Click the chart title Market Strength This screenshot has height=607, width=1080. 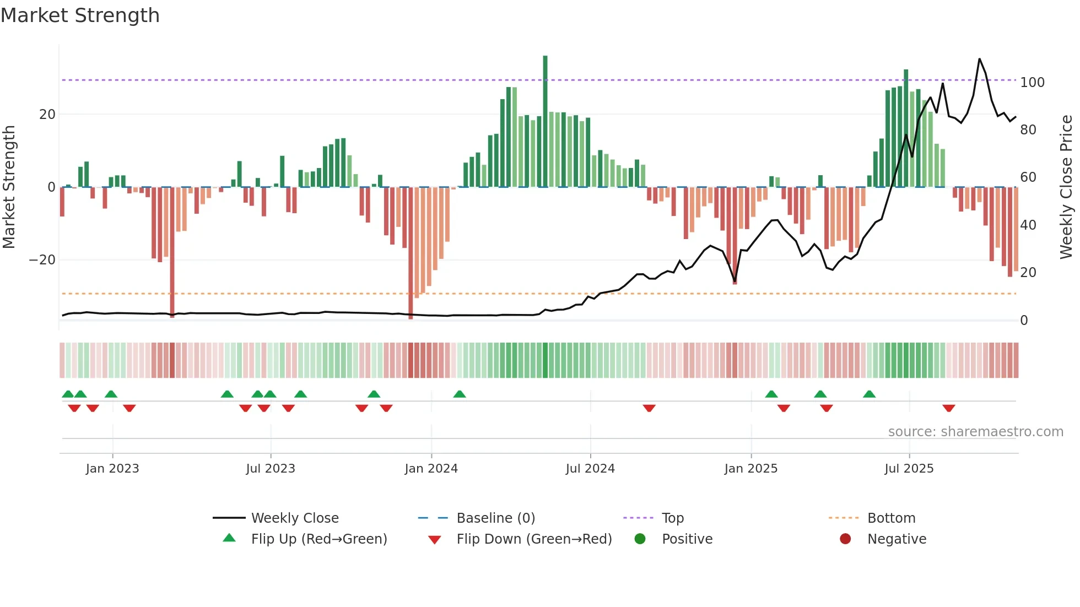pyautogui.click(x=80, y=15)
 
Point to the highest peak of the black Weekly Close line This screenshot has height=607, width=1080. pyautogui.click(x=979, y=59)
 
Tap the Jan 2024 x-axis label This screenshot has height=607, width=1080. pyautogui.click(x=431, y=469)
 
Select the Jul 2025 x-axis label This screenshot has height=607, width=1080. pyautogui.click(x=909, y=469)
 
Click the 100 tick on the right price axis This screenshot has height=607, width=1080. pyautogui.click(x=1032, y=83)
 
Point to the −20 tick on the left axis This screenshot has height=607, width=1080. pyautogui.click(x=42, y=260)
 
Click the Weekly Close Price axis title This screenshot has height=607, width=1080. pyautogui.click(x=1066, y=187)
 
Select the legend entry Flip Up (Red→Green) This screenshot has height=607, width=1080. pyautogui.click(x=318, y=539)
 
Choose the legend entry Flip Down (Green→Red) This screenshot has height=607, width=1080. pyautogui.click(x=533, y=539)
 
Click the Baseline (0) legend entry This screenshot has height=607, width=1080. pyautogui.click(x=495, y=518)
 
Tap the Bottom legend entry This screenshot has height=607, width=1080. pyautogui.click(x=891, y=518)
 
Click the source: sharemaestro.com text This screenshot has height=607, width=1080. pyautogui.click(x=975, y=432)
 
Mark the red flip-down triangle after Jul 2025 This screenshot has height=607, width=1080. pyautogui.click(x=948, y=408)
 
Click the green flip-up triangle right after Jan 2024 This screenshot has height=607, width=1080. pyautogui.click(x=460, y=394)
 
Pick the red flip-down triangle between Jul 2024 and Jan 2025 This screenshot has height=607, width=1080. pyautogui.click(x=649, y=408)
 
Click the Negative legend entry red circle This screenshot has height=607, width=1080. pyautogui.click(x=845, y=539)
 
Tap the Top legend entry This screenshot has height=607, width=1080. pyautogui.click(x=672, y=518)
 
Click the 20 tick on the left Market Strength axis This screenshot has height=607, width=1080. pyautogui.click(x=47, y=115)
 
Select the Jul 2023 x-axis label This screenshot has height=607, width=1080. pyautogui.click(x=271, y=469)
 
